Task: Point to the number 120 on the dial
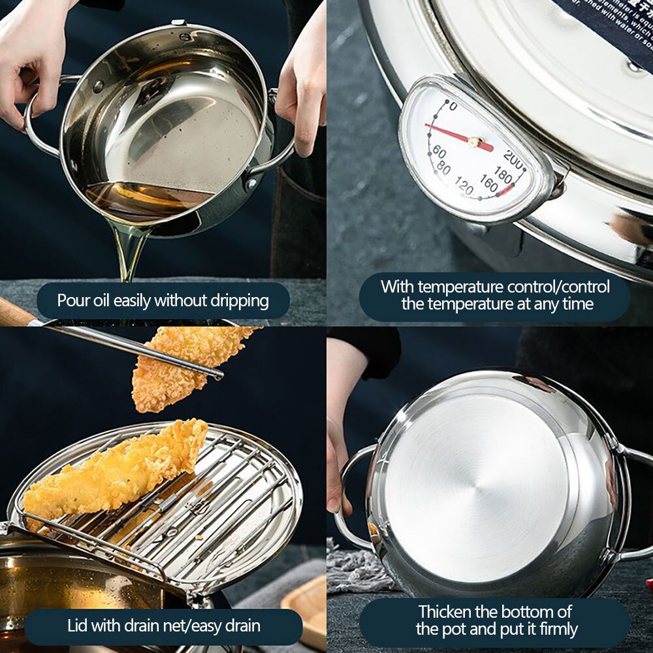464,187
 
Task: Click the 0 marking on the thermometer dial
453,106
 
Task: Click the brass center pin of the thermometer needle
475,142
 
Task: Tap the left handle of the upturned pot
349,496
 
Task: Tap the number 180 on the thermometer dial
503,174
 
